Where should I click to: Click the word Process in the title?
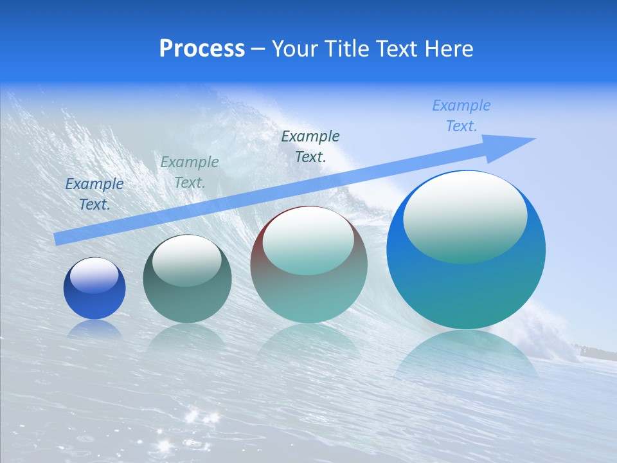[x=202, y=49]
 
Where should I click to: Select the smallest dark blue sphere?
[x=94, y=288]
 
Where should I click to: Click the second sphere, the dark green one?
[x=187, y=279]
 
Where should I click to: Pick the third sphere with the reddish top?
[x=308, y=264]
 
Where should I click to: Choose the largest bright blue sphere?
[x=466, y=250]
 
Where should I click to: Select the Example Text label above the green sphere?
[x=190, y=172]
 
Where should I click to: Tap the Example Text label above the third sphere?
[x=310, y=146]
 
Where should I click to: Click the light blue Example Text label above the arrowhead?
[x=461, y=116]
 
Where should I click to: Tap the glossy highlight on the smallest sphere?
[x=94, y=275]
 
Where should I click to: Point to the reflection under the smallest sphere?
[x=94, y=329]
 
